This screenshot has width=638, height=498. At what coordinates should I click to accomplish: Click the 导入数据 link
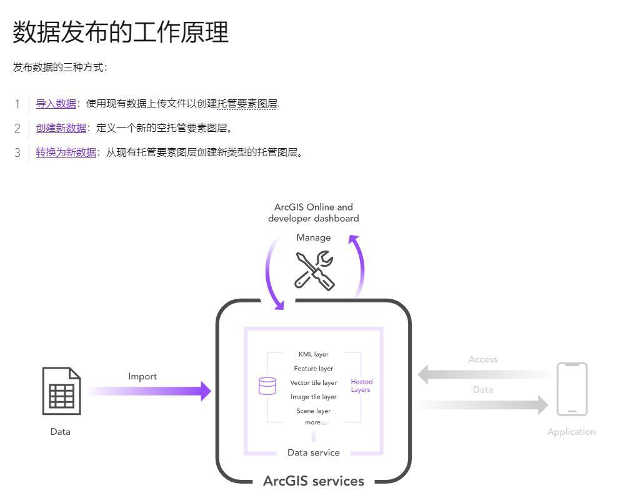click(x=56, y=104)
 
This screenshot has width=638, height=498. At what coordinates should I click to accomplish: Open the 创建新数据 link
click(x=61, y=128)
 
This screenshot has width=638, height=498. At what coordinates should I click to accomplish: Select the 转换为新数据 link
click(x=66, y=152)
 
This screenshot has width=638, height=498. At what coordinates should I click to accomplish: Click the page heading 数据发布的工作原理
click(x=121, y=32)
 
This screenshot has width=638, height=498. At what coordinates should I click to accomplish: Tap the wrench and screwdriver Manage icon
click(x=314, y=270)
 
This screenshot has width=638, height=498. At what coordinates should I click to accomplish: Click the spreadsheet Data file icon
click(x=61, y=391)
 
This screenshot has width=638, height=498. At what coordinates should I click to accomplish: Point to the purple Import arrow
click(x=150, y=391)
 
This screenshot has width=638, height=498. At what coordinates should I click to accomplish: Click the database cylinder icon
click(x=267, y=386)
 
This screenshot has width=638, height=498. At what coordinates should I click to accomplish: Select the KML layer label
click(x=313, y=354)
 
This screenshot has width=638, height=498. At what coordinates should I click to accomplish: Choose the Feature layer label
click(x=313, y=369)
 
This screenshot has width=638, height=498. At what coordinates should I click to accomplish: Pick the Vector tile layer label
click(x=313, y=382)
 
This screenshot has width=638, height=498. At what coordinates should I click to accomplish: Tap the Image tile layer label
click(x=313, y=397)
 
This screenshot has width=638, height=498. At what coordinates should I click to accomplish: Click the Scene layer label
click(x=313, y=411)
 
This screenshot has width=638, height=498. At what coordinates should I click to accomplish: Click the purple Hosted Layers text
click(x=361, y=386)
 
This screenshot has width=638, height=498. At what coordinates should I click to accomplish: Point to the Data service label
click(x=313, y=452)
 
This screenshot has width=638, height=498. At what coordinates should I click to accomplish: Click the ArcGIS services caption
click(x=313, y=481)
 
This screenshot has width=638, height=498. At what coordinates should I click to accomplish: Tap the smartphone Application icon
click(x=572, y=389)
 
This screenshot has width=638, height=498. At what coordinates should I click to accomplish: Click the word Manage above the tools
click(x=313, y=237)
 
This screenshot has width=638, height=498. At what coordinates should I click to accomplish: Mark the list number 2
click(x=17, y=128)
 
